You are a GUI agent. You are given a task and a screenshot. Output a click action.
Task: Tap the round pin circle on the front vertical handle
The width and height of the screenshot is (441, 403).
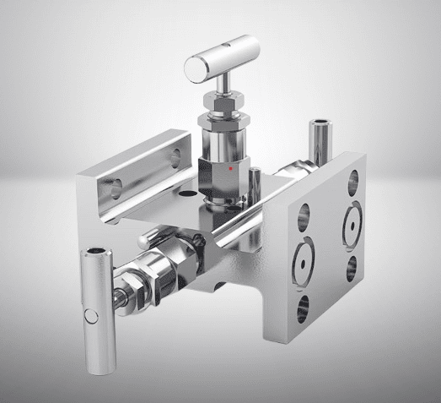point(94,318)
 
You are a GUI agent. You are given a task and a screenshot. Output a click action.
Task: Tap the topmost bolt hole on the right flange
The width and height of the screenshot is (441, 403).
point(352,179)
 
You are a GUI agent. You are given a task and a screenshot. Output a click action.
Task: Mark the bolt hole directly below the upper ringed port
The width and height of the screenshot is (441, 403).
point(349,269)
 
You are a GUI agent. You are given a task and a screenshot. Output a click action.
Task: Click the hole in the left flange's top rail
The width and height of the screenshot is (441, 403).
point(175,155)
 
